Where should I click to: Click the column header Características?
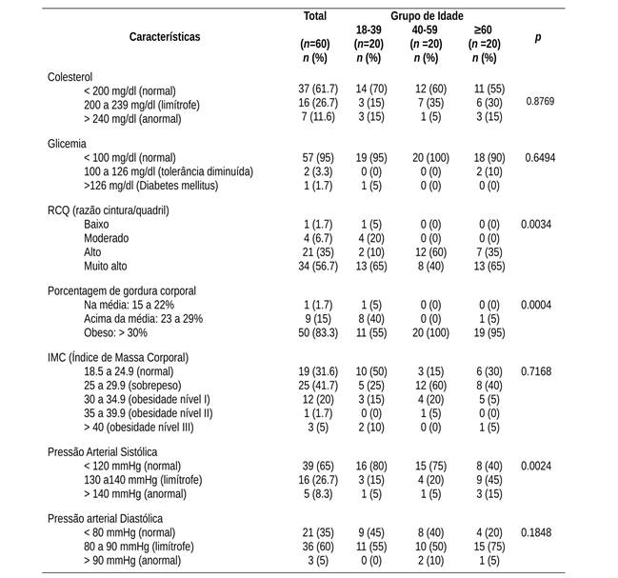[x=165, y=36]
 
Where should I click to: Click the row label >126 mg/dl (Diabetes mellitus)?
[x=150, y=185]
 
